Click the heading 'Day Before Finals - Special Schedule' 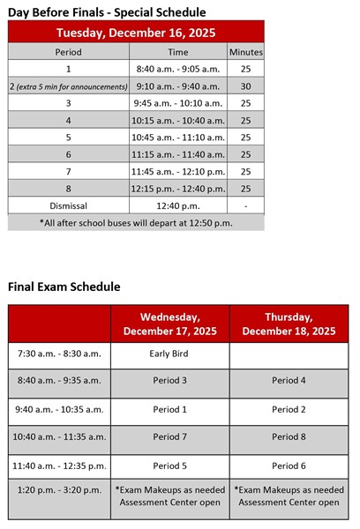pos(107,12)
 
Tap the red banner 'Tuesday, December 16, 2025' pos(136,34)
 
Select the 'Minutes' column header pos(245,53)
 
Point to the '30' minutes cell pos(245,86)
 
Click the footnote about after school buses pos(136,222)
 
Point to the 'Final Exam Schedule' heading pos(64,287)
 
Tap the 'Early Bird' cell pos(169,353)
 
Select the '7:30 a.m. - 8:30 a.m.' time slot pos(60,353)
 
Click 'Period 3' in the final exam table pos(169,381)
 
